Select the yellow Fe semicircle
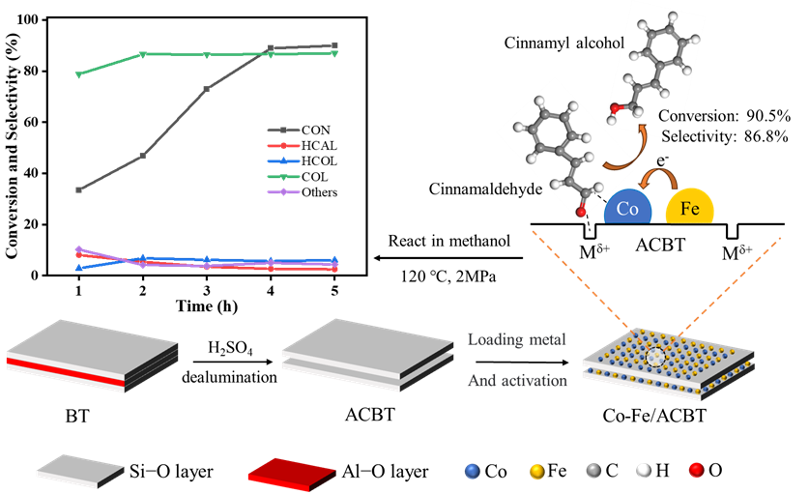pos(690,207)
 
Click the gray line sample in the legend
pos(283,130)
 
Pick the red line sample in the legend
pos(283,146)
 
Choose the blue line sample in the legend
pos(283,161)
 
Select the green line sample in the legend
pos(283,177)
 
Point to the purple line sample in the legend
pos(283,192)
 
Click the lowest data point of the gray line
pos(79,189)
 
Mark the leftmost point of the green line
pos(79,74)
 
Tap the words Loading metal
pos(517,339)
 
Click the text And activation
pos(517,381)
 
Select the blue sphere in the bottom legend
pos(472,471)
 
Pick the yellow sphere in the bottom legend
pos(536,471)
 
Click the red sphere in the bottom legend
pos(695,471)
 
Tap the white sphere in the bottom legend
pos(642,471)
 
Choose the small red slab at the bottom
pos(291,470)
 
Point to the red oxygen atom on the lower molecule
pos(580,212)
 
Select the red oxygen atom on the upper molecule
pos(613,109)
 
